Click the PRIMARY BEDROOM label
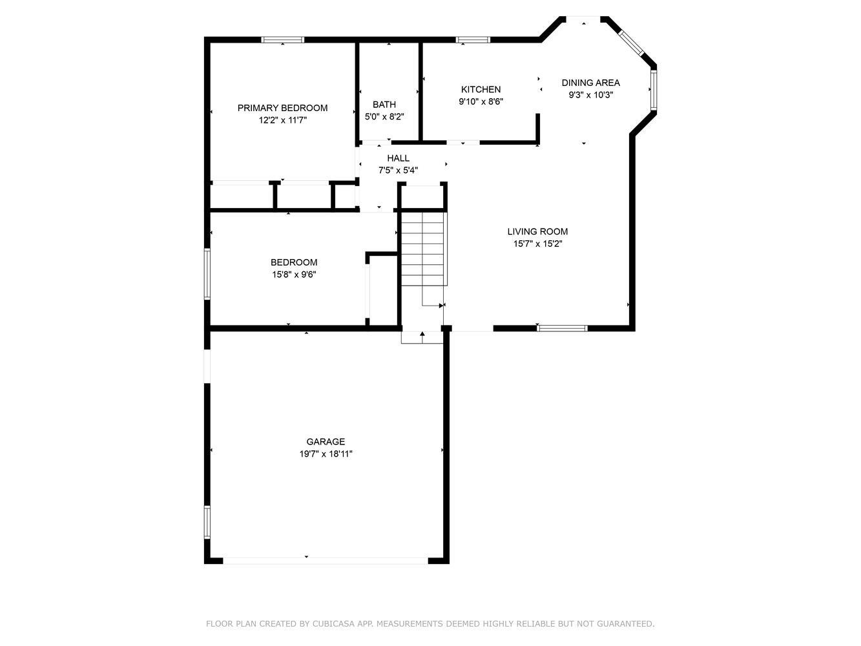282,108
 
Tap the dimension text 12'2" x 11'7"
282,120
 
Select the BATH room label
384,105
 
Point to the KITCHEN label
481,89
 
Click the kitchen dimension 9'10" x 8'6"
481,101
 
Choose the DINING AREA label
591,83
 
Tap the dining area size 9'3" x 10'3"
591,95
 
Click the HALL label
398,158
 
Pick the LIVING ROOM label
537,231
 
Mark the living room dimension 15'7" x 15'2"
537,244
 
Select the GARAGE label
326,442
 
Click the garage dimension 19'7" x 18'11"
326,453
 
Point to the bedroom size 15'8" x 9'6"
294,275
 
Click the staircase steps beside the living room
424,249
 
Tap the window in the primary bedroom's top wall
282,39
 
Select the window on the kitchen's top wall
473,39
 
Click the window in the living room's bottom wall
562,328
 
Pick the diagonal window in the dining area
631,43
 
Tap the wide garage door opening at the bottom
325,561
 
